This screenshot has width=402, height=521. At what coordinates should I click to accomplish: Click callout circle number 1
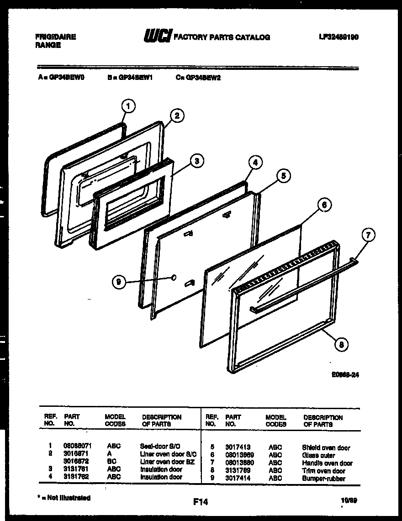pyautogui.click(x=128, y=107)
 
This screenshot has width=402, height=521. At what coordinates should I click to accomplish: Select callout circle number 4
pyautogui.click(x=255, y=162)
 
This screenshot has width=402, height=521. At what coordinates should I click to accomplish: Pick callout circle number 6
pyautogui.click(x=324, y=205)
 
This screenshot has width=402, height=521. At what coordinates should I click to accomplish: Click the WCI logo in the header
pyautogui.click(x=157, y=36)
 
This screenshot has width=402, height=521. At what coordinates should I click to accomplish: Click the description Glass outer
pyautogui.click(x=318, y=455)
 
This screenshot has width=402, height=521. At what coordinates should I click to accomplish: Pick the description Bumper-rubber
pyautogui.click(x=323, y=479)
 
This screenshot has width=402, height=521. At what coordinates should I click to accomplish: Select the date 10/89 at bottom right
pyautogui.click(x=349, y=500)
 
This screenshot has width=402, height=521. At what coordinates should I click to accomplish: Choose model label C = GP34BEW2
pyautogui.click(x=198, y=78)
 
